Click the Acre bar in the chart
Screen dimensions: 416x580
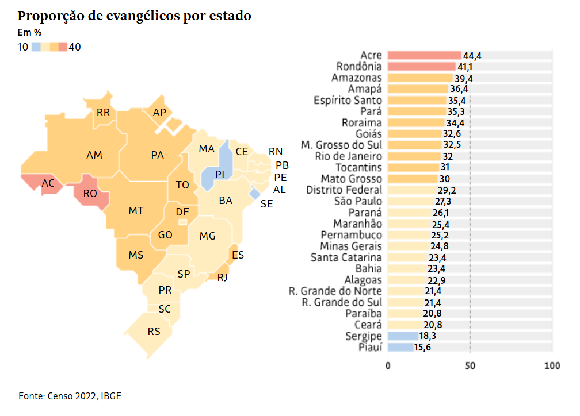click(424, 55)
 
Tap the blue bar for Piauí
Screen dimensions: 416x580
click(400, 347)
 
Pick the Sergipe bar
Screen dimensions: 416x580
click(403, 336)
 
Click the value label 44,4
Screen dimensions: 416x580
click(472, 56)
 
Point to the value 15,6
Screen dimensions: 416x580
click(423, 347)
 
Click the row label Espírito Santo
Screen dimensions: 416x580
click(348, 100)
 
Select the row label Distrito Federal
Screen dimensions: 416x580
click(344, 190)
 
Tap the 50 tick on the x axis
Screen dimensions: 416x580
click(470, 365)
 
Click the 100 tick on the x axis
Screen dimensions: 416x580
click(552, 365)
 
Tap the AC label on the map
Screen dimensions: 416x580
click(48, 183)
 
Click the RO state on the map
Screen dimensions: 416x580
click(90, 194)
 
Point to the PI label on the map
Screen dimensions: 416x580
click(219, 174)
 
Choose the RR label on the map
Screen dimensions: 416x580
click(103, 113)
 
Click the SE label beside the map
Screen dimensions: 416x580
click(267, 203)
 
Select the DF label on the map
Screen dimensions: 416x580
click(182, 212)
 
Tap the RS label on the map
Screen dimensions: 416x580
click(154, 331)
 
